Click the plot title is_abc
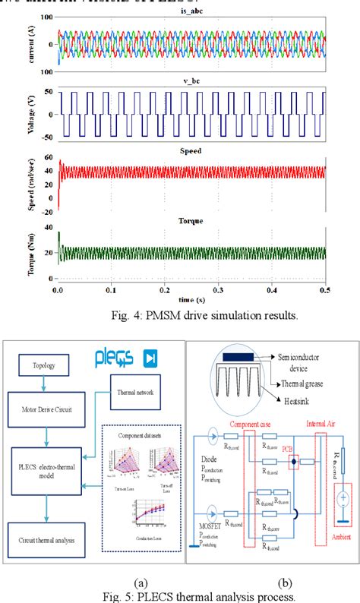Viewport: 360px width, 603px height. [x=195, y=16]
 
